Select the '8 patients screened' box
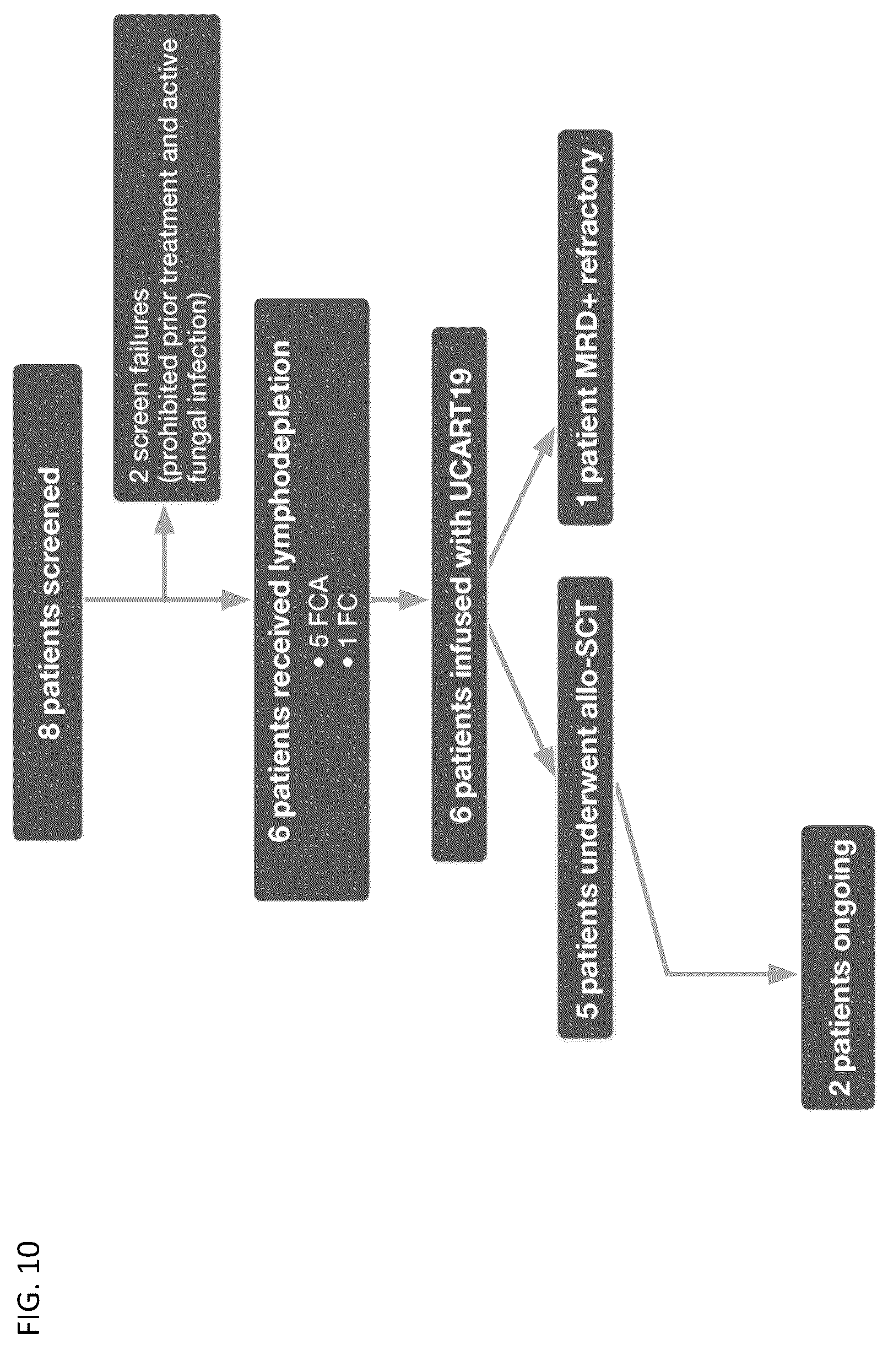pyautogui.click(x=47, y=602)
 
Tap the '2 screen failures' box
pyautogui.click(x=167, y=258)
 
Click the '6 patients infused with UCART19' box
pyautogui.click(x=459, y=595)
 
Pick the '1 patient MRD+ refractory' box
pyautogui.click(x=586, y=328)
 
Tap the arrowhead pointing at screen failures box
pyautogui.click(x=164, y=516)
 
